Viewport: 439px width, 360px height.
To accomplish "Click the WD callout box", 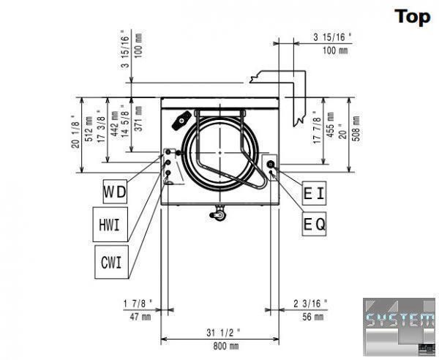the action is coord(115,192).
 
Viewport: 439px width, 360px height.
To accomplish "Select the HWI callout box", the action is coord(110,225).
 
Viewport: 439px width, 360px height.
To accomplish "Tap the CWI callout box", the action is coord(111,262).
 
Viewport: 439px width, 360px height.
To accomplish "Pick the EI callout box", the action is coord(314,193).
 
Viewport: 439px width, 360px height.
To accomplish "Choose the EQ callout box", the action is coord(314,224).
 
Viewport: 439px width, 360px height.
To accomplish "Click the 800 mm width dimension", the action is coord(226,346).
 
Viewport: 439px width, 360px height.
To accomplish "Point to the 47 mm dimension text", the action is coord(140,317).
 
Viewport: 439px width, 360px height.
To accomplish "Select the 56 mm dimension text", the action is coord(312,317).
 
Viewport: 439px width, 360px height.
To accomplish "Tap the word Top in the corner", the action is coord(413,17).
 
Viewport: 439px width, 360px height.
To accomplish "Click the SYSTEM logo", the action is coord(399,326).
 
